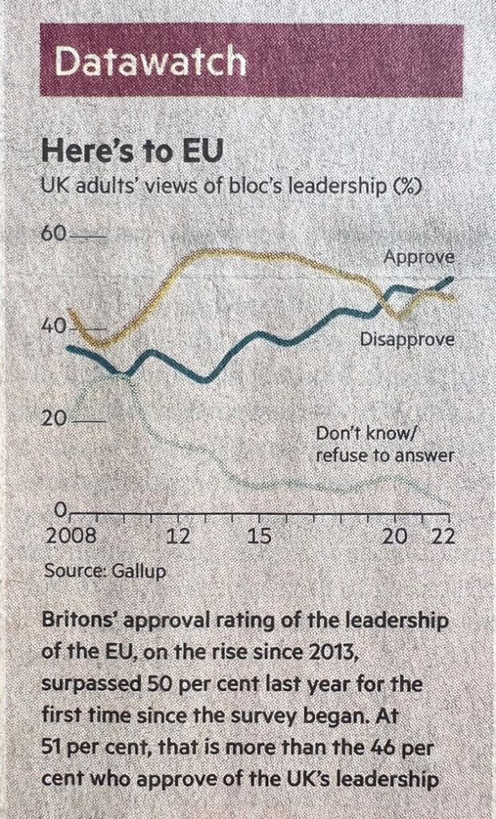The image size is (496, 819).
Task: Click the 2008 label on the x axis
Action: pyautogui.click(x=70, y=537)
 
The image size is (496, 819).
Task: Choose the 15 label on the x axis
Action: pyautogui.click(x=260, y=537)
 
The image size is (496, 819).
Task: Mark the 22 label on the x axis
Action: pyautogui.click(x=443, y=537)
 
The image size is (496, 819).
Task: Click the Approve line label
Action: pyautogui.click(x=419, y=258)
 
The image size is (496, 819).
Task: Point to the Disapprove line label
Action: pyautogui.click(x=407, y=339)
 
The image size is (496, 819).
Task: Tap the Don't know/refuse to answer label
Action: pyautogui.click(x=385, y=445)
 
